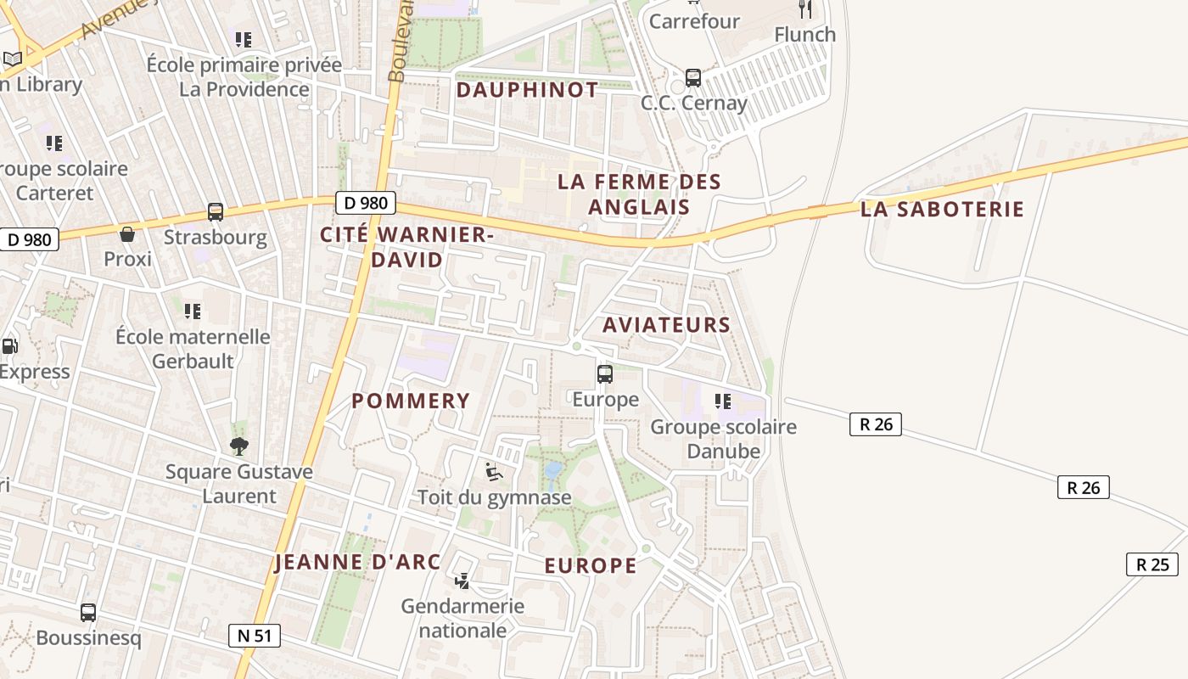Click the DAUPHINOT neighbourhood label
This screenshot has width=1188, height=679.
[527, 90]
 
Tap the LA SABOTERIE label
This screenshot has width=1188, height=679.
[942, 210]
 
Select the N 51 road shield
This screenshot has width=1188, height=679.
[255, 636]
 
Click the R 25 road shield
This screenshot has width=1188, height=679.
[1152, 564]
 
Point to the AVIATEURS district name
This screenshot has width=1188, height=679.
[666, 324]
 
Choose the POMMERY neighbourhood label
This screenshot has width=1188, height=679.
[411, 401]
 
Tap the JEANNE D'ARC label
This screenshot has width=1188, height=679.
[357, 562]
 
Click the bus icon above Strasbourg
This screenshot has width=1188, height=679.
[216, 212]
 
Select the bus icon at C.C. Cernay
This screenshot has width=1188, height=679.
[693, 78]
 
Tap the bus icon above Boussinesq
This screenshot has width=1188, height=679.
[88, 612]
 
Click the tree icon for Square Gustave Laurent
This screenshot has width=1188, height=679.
[239, 446]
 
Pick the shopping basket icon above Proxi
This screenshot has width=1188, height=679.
[127, 234]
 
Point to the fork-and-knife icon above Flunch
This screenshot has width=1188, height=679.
[805, 9]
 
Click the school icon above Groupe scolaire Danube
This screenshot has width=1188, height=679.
[723, 401]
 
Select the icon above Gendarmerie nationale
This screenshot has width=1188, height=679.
[462, 581]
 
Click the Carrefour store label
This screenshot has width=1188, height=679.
[694, 21]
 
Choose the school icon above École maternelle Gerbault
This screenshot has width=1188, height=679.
[193, 311]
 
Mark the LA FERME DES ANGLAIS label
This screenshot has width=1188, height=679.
[639, 194]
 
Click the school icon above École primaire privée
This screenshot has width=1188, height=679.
[244, 39]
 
